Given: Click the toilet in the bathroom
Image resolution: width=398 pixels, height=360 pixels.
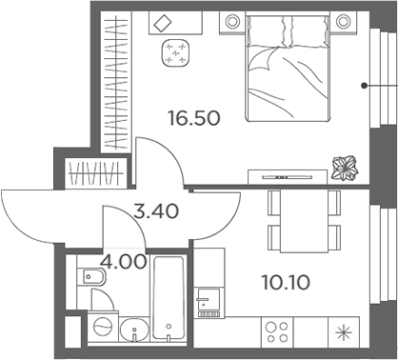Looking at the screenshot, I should pyautogui.click(x=95, y=278).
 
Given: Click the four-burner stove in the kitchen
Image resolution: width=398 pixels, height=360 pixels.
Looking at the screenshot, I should pyautogui.click(x=277, y=332).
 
